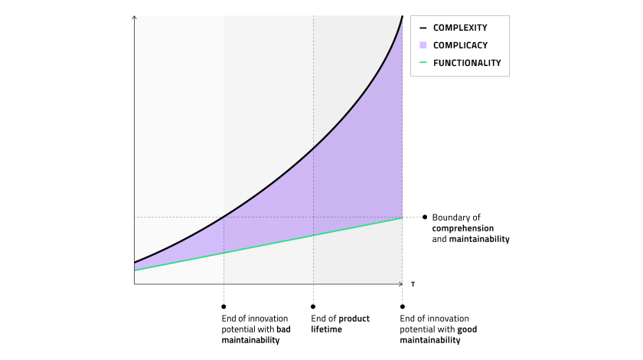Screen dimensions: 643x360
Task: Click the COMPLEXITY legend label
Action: click(x=460, y=28)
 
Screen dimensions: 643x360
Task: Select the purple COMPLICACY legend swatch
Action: click(x=423, y=45)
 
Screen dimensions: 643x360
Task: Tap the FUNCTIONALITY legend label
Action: click(x=467, y=63)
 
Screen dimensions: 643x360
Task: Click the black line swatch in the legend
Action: click(x=423, y=28)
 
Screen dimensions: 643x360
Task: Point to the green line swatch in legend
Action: click(x=423, y=62)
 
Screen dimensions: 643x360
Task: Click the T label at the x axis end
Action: click(x=413, y=284)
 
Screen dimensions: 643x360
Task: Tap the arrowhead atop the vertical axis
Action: click(x=134, y=18)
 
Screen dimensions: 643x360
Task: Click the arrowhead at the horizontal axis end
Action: click(x=400, y=283)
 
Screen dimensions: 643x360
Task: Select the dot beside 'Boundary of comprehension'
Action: click(x=425, y=217)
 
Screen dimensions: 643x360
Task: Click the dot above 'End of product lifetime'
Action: click(x=313, y=306)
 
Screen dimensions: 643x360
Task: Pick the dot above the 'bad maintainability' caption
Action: click(x=224, y=306)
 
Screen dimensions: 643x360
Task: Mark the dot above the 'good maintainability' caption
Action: click(x=403, y=306)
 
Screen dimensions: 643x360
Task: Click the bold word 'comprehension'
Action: click(x=463, y=229)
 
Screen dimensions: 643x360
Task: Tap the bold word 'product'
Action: click(x=354, y=319)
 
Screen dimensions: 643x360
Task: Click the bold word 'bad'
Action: click(x=283, y=329)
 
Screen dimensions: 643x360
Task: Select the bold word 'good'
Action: click(x=467, y=329)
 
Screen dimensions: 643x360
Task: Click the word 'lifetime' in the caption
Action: click(x=326, y=329)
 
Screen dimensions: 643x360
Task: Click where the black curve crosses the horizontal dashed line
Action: click(x=224, y=217)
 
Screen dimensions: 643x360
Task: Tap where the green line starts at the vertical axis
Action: click(x=135, y=270)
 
